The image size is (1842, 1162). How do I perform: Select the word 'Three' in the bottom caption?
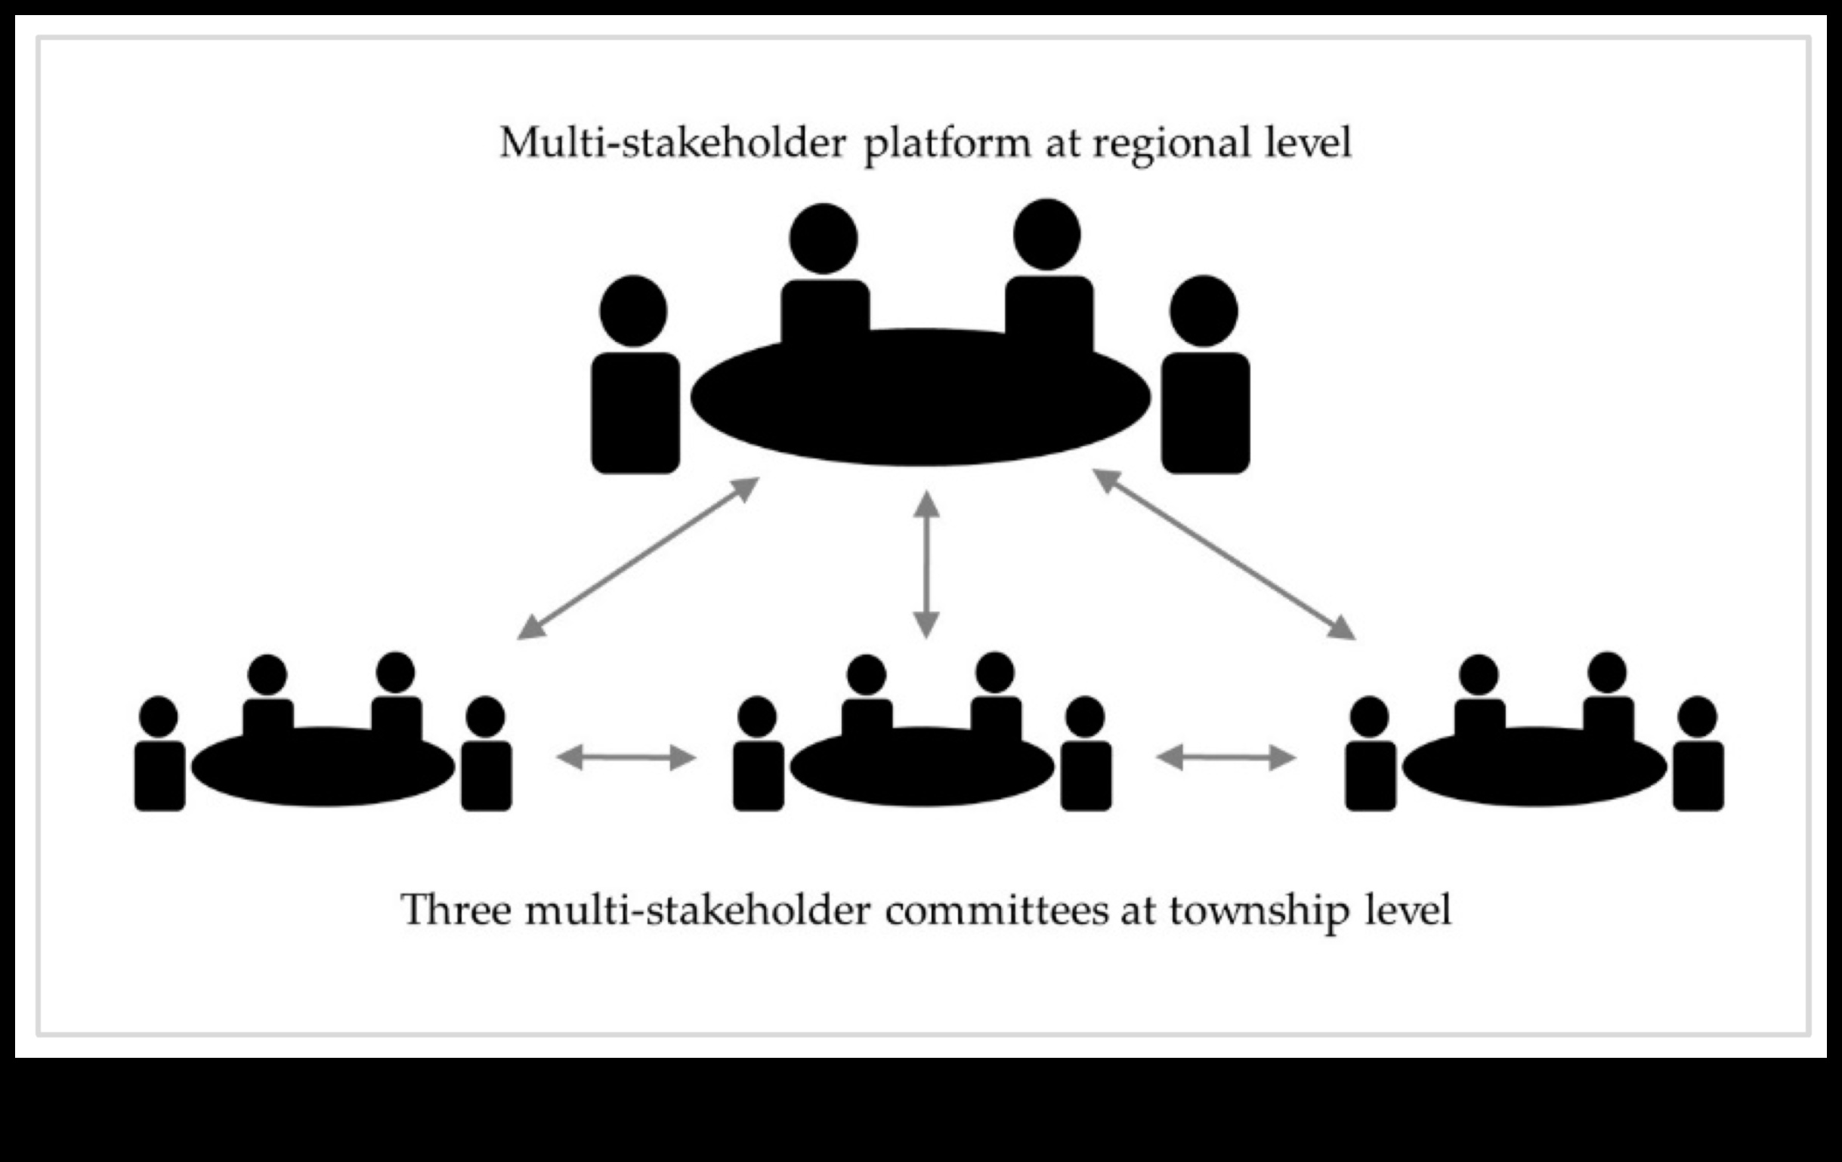coord(456,911)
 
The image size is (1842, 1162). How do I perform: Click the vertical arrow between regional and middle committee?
coord(926,564)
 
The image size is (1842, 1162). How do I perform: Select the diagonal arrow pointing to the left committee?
coord(638,559)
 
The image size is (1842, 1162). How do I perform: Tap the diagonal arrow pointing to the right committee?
coord(1224,555)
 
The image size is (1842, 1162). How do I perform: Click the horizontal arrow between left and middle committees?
coord(626,757)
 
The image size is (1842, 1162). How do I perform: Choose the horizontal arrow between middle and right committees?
coord(1225,757)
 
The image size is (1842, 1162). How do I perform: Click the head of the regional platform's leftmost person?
coord(633,311)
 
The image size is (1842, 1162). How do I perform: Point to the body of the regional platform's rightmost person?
coord(1206,413)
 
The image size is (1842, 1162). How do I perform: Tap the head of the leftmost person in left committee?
coord(159,717)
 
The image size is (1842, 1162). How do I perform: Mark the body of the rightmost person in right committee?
coord(1698,775)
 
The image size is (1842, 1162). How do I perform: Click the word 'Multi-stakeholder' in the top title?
coord(672,143)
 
